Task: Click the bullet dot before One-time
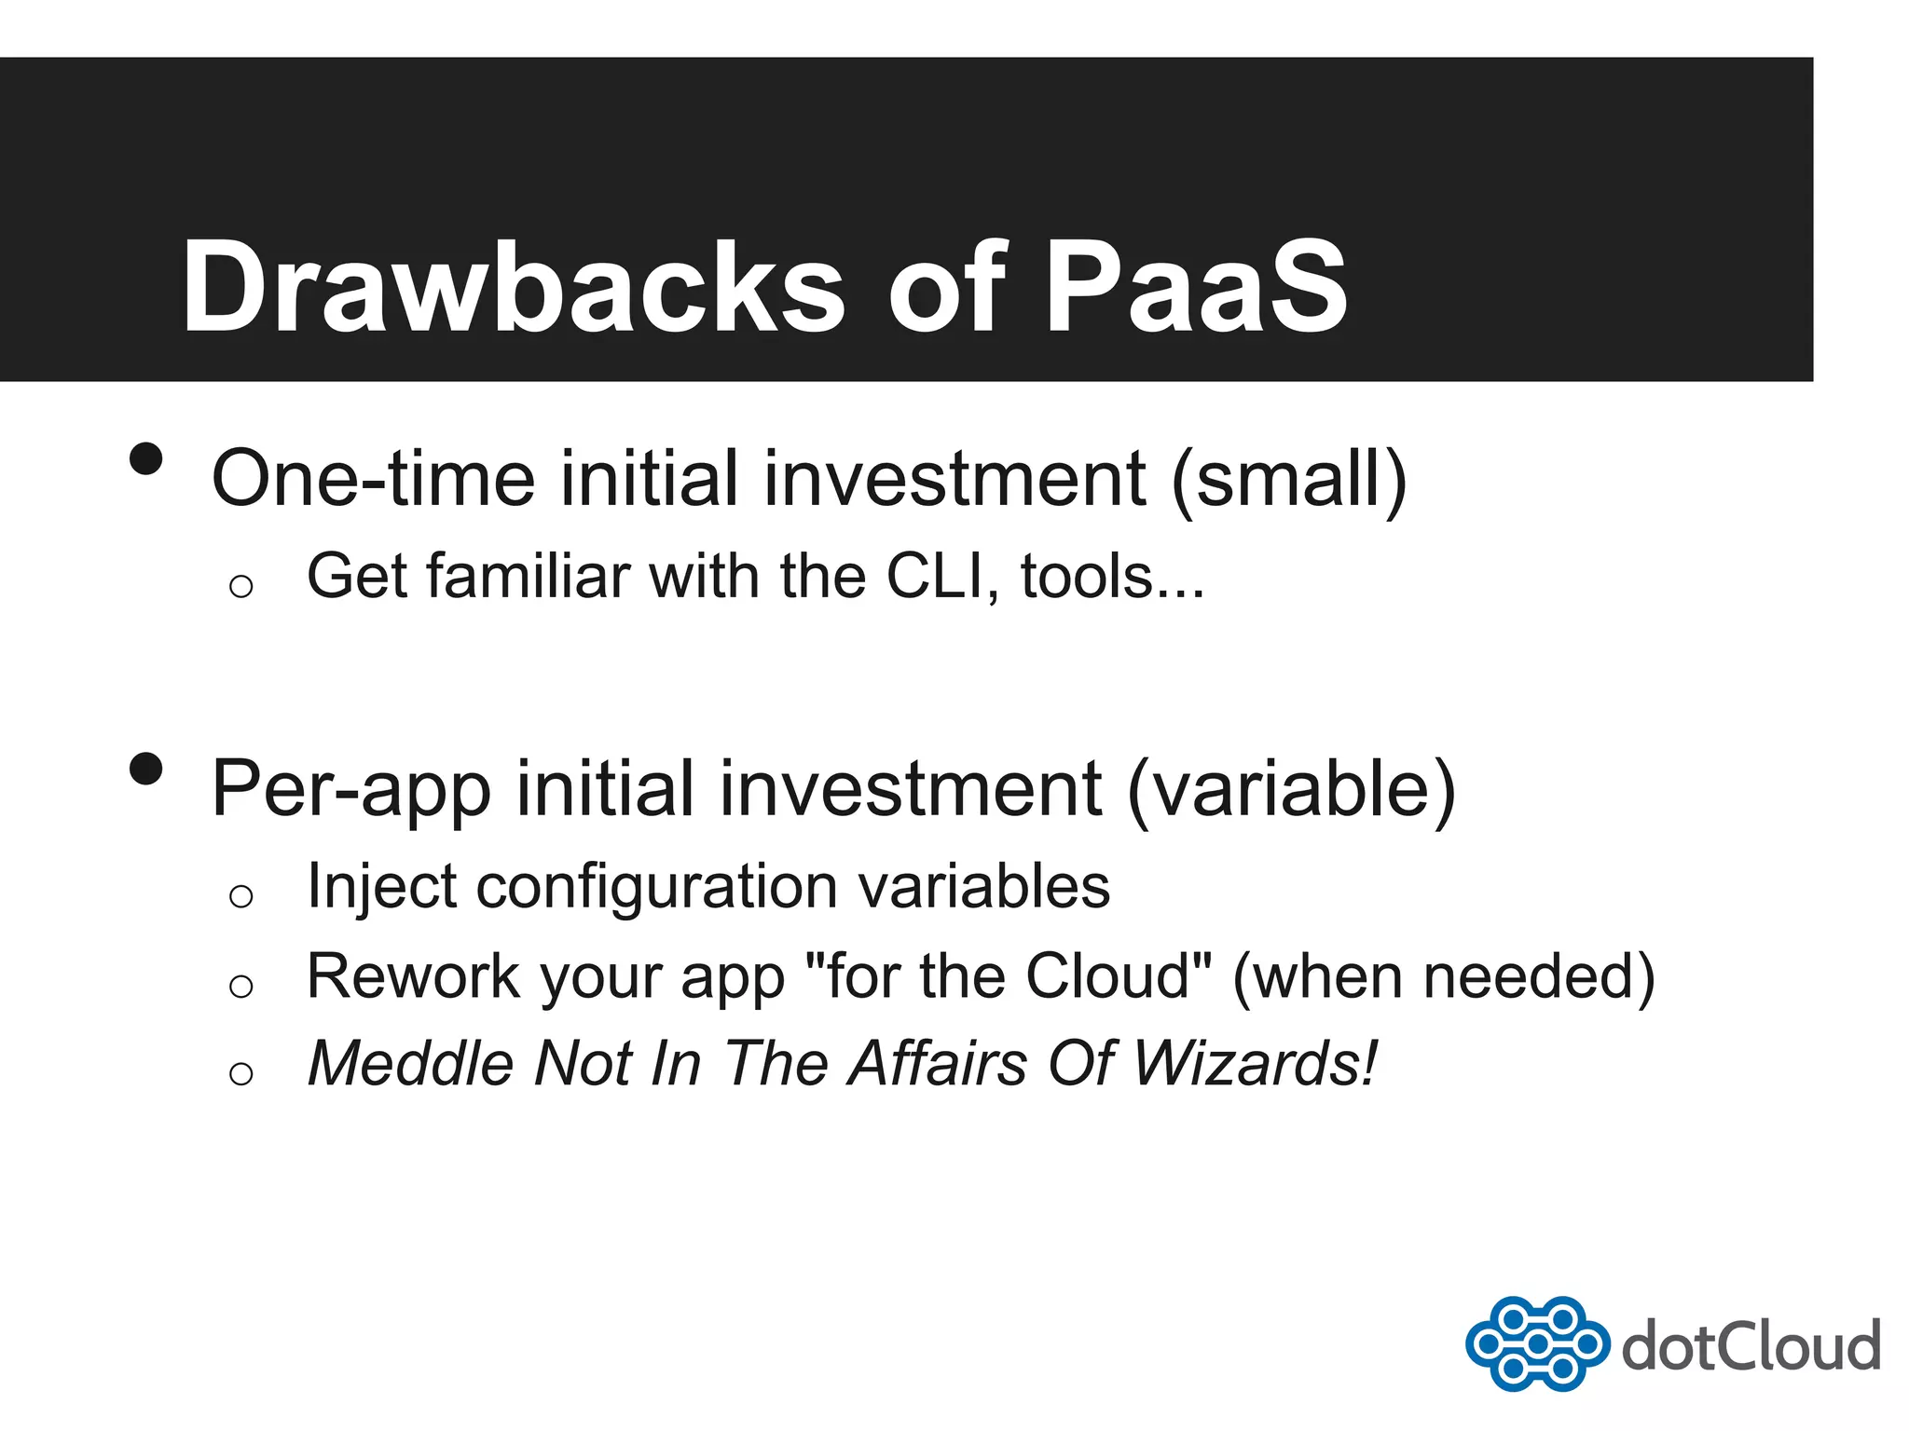(x=146, y=458)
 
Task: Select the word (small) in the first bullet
(x=1288, y=479)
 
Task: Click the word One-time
(x=373, y=479)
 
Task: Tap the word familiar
(x=529, y=577)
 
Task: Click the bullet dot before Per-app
(x=146, y=770)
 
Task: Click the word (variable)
(x=1291, y=790)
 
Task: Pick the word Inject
(x=381, y=887)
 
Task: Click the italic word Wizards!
(x=1255, y=1063)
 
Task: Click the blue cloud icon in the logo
(x=1537, y=1343)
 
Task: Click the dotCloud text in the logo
(x=1751, y=1347)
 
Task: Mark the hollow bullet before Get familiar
(x=241, y=586)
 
